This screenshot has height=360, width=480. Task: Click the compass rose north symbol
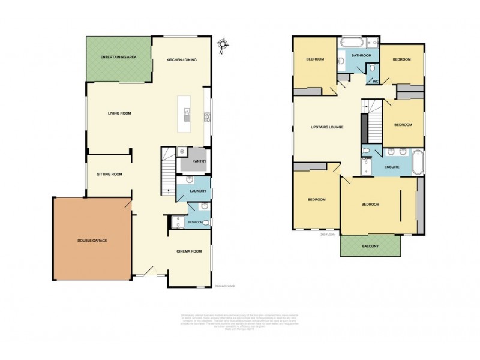coord(224,44)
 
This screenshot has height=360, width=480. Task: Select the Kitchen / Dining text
coord(182,60)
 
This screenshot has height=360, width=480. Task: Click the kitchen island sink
coord(187,112)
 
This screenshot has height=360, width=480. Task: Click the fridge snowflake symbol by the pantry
coord(182,151)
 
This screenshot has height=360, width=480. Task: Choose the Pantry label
coord(199,161)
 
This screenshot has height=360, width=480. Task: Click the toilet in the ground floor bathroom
coord(206,223)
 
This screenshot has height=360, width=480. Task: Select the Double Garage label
coord(92,241)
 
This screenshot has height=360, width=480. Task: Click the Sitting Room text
coord(110,175)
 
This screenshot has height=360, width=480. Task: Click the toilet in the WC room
coord(372,67)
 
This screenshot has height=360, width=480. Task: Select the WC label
coord(376,81)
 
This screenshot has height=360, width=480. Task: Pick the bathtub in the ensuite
coord(419,163)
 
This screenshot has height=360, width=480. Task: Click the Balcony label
coord(370,247)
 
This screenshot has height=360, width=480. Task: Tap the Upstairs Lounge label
coord(327,127)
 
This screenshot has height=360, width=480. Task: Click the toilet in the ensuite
coord(366,150)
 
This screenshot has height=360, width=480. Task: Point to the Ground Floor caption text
coord(224,286)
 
